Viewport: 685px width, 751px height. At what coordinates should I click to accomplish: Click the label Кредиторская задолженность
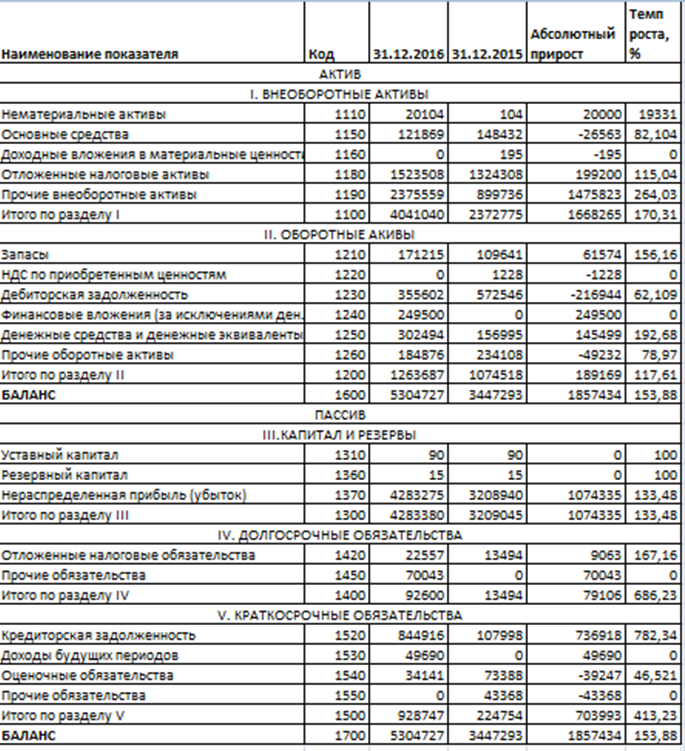click(x=84, y=634)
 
